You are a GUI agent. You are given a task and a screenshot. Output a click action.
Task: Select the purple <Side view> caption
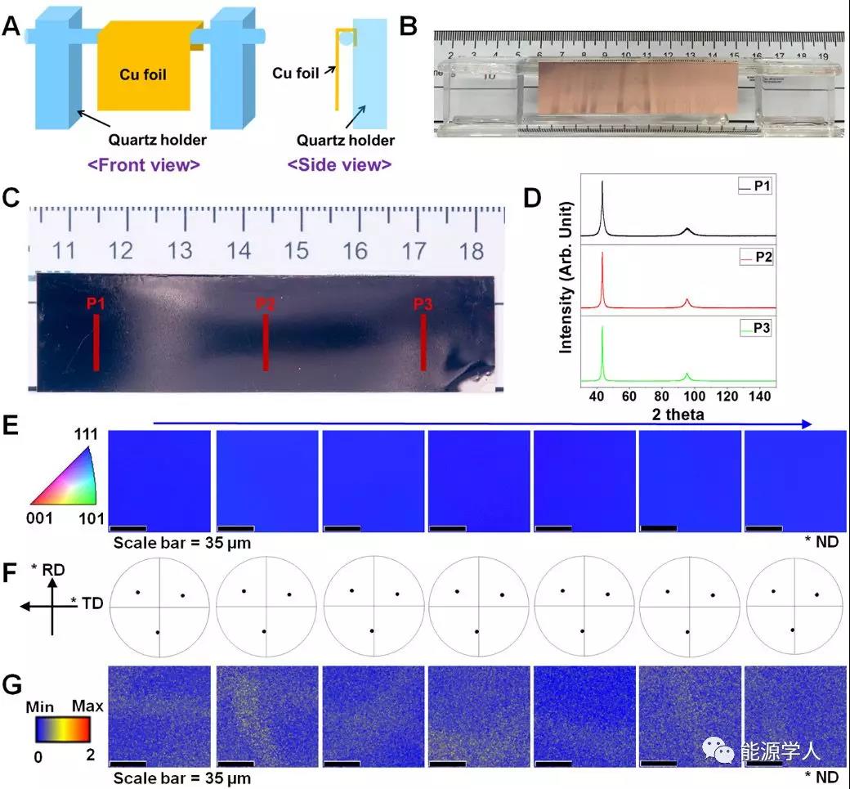339,164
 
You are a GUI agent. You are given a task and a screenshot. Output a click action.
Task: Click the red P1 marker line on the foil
96,343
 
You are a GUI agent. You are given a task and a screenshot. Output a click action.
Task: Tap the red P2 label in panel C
265,304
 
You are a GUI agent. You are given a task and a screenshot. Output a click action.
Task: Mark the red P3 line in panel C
423,343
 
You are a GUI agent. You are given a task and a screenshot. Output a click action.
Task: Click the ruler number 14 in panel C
239,250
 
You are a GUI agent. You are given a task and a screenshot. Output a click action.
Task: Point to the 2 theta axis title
678,415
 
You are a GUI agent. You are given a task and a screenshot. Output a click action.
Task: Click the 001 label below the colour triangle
41,518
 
